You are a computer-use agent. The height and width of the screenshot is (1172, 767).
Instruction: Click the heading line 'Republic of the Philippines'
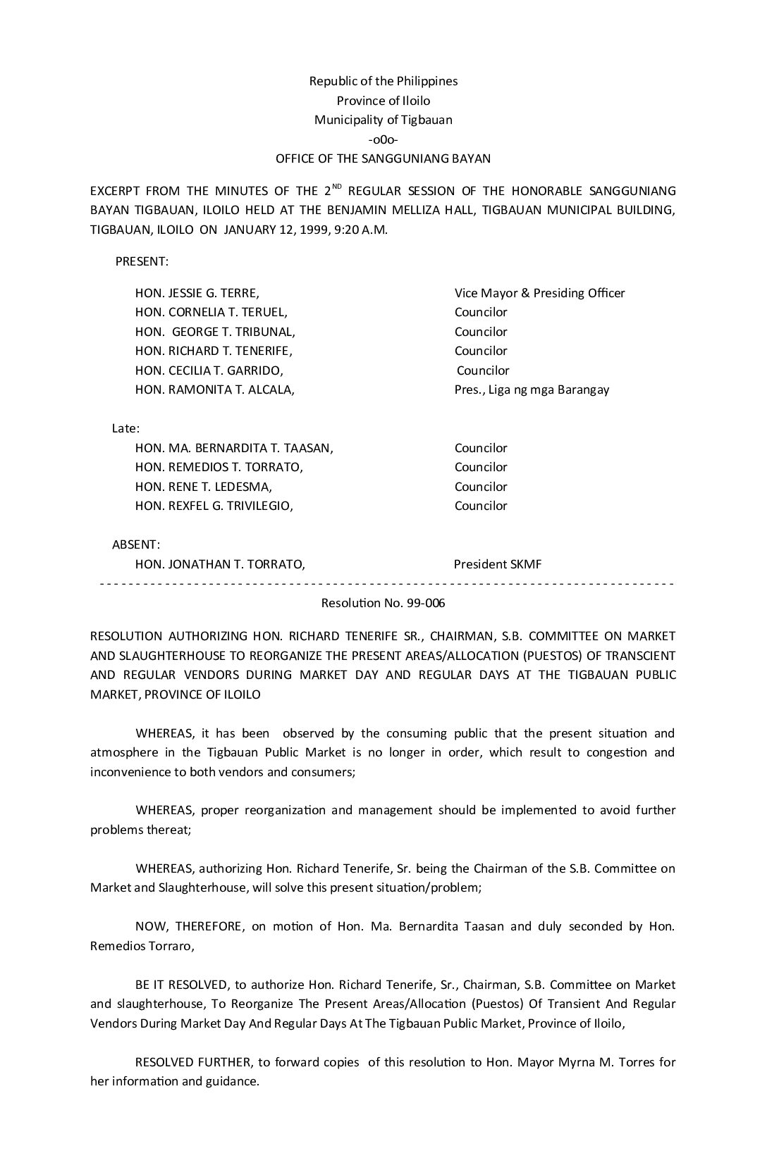[x=383, y=81]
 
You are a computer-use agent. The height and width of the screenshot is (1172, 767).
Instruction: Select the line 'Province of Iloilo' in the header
[x=383, y=101]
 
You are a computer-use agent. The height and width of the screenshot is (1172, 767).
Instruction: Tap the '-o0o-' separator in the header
[x=383, y=139]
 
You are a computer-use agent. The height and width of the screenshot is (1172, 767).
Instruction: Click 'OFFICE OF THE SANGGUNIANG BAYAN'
[x=383, y=159]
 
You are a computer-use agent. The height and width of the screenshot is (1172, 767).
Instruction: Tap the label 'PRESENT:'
[x=142, y=261]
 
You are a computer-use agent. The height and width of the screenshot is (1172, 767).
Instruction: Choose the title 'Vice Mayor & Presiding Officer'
[x=539, y=293]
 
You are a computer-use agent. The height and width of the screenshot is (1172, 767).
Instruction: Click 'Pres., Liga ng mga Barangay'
[x=532, y=389]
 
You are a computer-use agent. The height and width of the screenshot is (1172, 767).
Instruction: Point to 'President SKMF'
[x=498, y=564]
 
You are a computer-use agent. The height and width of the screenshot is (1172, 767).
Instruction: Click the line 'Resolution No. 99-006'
[x=383, y=603]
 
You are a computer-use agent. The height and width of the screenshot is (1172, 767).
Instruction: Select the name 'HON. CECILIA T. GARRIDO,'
[x=209, y=370]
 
